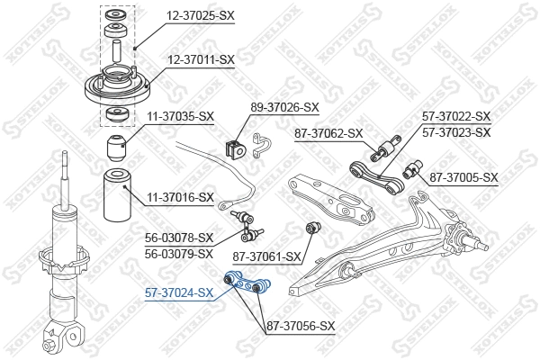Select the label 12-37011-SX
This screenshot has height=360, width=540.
point(199,59)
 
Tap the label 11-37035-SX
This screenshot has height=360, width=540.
point(180,116)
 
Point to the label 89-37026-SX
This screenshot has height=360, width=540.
point(284,107)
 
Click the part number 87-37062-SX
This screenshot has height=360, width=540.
point(328,133)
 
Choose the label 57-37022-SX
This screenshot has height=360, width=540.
point(456,117)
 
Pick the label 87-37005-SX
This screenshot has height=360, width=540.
point(463,176)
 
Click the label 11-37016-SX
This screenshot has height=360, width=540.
point(180,197)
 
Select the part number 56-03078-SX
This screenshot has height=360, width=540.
point(180,238)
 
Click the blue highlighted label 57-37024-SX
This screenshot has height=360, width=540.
point(180,292)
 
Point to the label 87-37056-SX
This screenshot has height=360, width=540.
point(301,326)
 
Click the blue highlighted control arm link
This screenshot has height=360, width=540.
point(247,284)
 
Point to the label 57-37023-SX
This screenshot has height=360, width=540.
point(456,132)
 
